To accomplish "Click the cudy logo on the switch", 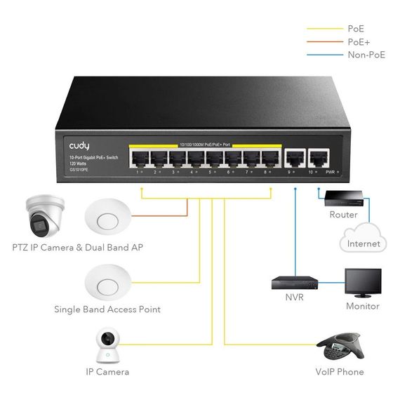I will point(79,145).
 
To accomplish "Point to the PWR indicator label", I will point(331,171).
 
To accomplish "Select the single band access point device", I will point(108,285).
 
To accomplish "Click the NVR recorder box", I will point(295,283).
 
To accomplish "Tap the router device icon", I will point(343,196).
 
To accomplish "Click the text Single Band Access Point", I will point(107,309).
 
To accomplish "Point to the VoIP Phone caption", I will point(340,372).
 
